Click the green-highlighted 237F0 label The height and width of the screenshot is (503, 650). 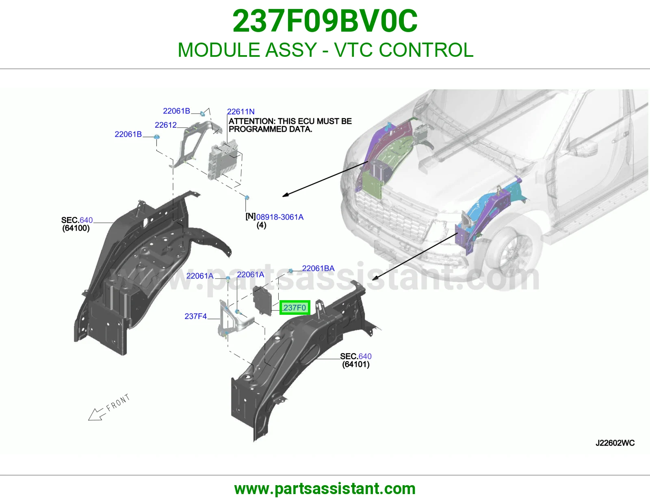pos(295,307)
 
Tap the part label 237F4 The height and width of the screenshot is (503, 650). pos(196,316)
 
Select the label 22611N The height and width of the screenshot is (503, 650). pos(241,112)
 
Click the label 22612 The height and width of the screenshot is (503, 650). pos(166,125)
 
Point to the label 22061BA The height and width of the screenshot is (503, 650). pos(318,268)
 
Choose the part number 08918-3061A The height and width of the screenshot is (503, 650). pos(280,217)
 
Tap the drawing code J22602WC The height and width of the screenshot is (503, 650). pos(615,443)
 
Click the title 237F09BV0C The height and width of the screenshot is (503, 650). pos(325,21)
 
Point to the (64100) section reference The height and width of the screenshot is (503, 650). pos(76,228)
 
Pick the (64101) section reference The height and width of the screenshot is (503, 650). pos(356,364)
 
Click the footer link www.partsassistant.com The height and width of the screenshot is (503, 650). pos(325,489)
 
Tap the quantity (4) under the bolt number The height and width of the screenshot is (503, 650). pos(262,225)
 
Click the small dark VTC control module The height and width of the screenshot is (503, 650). pos(262,301)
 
